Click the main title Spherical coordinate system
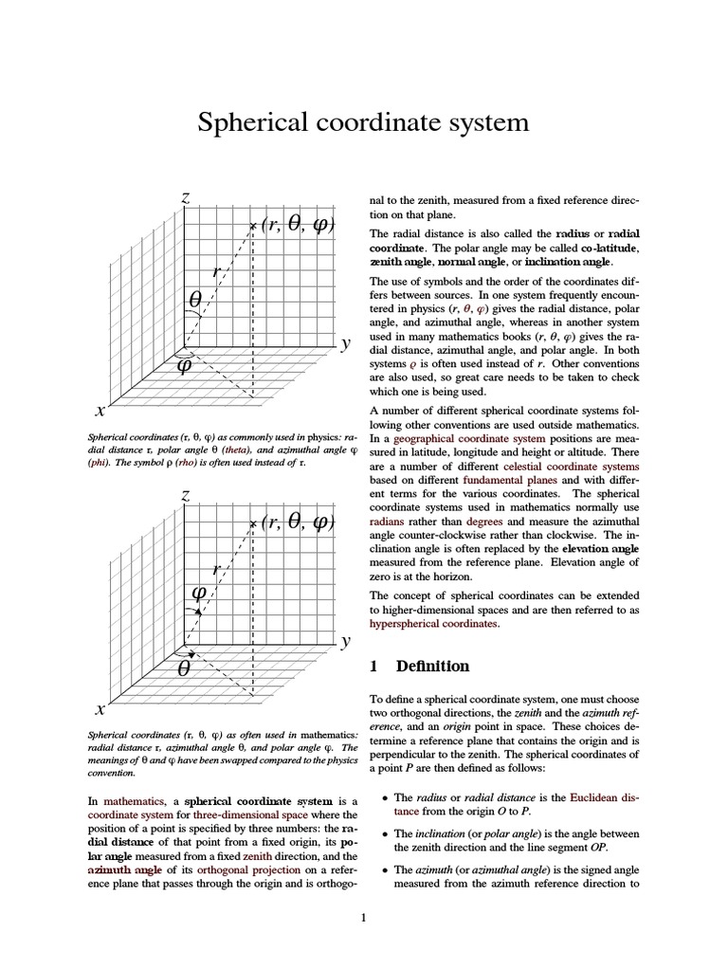tap(362, 123)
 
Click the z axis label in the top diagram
tap(187, 198)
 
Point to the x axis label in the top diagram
tap(100, 412)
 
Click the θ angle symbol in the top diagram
tap(195, 299)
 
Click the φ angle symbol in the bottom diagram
tap(200, 592)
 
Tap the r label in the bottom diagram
tap(218, 568)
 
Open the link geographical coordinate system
tap(469, 439)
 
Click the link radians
tap(389, 521)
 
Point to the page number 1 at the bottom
tap(363, 917)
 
